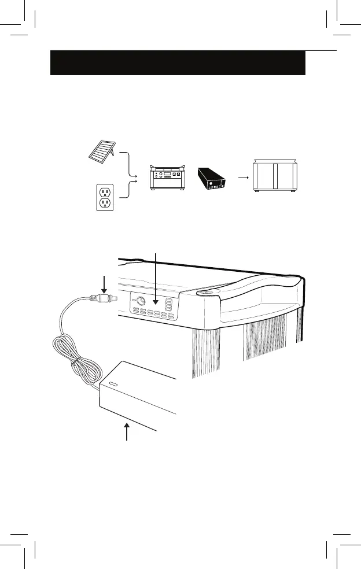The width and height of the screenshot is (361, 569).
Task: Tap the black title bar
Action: (178, 62)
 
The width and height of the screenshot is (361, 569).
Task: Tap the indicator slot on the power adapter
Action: (110, 385)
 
